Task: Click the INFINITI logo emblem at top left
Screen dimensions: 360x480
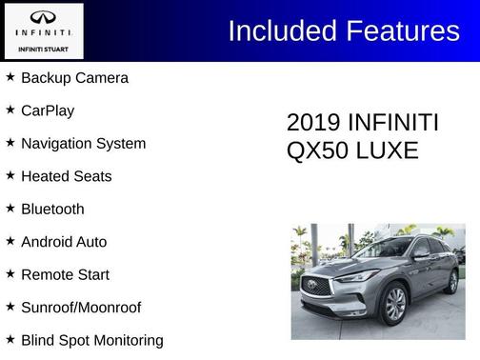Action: [x=44, y=18]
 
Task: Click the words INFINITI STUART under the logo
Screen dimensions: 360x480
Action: [x=44, y=48]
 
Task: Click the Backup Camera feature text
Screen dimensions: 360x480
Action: [x=74, y=78]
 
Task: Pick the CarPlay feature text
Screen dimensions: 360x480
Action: [x=48, y=110]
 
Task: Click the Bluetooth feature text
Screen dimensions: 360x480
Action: [x=52, y=210]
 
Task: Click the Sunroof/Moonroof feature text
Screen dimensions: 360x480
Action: [x=81, y=308]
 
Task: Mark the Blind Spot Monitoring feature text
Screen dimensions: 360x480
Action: [x=92, y=340]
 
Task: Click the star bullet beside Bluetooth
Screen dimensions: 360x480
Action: [x=10, y=209]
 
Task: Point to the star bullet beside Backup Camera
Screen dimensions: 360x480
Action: [x=10, y=77]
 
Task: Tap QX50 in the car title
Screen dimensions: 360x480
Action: [x=315, y=150]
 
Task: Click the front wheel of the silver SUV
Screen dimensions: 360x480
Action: [x=394, y=305]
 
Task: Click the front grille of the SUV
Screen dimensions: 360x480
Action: [x=316, y=286]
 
